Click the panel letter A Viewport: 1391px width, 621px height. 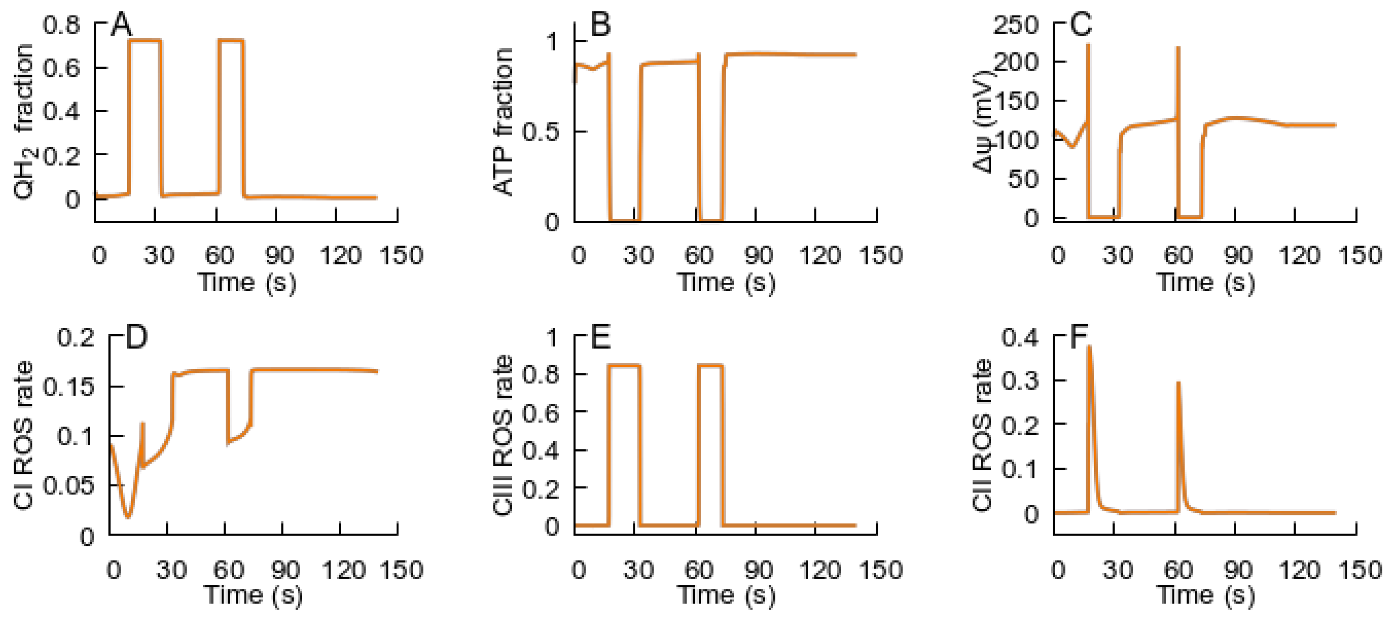pos(121,25)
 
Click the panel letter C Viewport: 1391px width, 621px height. pos(1080,25)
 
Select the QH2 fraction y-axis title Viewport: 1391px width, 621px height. pos(24,122)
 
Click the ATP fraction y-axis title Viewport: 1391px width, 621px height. pos(503,122)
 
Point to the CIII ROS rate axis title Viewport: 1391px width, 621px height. pos(503,435)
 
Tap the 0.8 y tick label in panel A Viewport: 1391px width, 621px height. pos(61,25)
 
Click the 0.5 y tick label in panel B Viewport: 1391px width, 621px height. pos(540,132)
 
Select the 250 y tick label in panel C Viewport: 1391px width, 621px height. pos(1016,25)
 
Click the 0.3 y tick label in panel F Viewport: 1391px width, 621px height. pos(1020,381)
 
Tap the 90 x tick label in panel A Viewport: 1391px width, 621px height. pos(279,255)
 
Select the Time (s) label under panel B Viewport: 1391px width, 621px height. pos(726,282)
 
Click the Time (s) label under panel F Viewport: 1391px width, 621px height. pos(1205,596)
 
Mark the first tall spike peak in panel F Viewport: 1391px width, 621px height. pos(1089,346)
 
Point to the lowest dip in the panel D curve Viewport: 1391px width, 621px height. pos(128,517)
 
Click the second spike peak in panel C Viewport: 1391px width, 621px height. pos(1178,47)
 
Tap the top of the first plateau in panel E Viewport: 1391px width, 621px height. pos(624,366)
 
